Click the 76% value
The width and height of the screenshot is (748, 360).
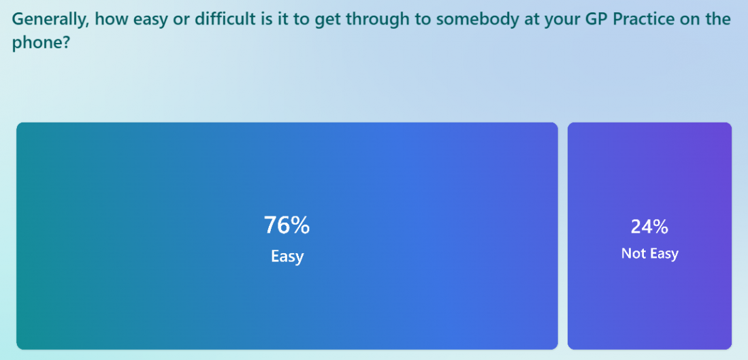pyautogui.click(x=287, y=225)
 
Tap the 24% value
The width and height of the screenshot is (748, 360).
pyautogui.click(x=649, y=227)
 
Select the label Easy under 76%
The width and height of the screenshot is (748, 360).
pyautogui.click(x=287, y=257)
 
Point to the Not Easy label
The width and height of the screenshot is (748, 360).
pyautogui.click(x=649, y=254)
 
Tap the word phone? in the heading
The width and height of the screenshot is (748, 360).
pyautogui.click(x=41, y=44)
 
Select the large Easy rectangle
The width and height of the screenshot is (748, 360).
pyautogui.click(x=287, y=236)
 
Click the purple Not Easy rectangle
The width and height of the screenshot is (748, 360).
pyautogui.click(x=649, y=236)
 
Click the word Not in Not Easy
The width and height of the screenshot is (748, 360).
pyautogui.click(x=632, y=254)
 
